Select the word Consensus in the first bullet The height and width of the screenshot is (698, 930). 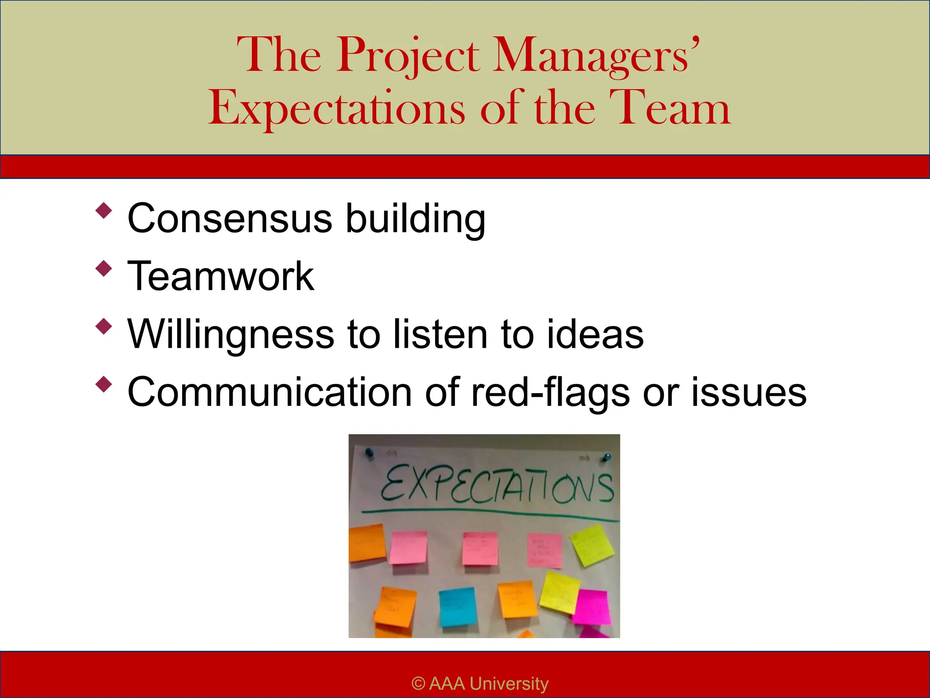230,218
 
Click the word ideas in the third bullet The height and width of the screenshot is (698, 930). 595,334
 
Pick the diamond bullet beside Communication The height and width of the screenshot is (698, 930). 104,384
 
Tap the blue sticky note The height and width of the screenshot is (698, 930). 458,607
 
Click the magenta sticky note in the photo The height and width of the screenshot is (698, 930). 591,607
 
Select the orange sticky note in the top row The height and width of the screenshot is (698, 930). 367,543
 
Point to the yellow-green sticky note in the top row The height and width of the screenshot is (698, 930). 592,544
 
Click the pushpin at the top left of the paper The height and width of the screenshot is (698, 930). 369,452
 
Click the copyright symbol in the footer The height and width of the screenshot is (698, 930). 418,683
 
